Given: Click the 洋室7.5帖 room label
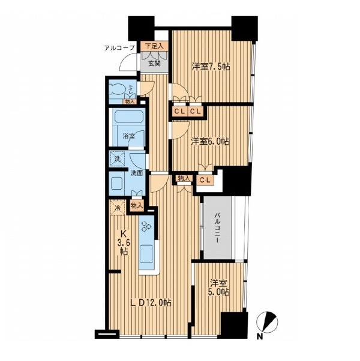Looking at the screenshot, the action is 211,67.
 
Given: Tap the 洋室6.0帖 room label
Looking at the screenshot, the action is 210,142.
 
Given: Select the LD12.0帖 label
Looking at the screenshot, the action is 151,303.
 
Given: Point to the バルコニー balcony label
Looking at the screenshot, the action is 217,228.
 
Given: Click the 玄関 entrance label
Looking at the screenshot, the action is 154,63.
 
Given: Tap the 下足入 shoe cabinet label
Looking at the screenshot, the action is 154,46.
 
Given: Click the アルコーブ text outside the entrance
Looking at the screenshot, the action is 119,48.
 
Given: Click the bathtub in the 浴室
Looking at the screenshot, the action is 128,118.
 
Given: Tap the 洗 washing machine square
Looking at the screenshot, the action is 118,159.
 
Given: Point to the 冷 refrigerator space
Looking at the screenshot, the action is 118,208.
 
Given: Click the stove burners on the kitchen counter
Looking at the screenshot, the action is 146,226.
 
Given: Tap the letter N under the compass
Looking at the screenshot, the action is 260,336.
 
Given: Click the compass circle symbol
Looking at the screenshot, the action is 267,322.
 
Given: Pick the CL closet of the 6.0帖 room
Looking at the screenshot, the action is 205,180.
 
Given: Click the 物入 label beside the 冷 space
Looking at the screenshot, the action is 137,206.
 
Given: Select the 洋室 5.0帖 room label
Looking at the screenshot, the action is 219,287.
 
